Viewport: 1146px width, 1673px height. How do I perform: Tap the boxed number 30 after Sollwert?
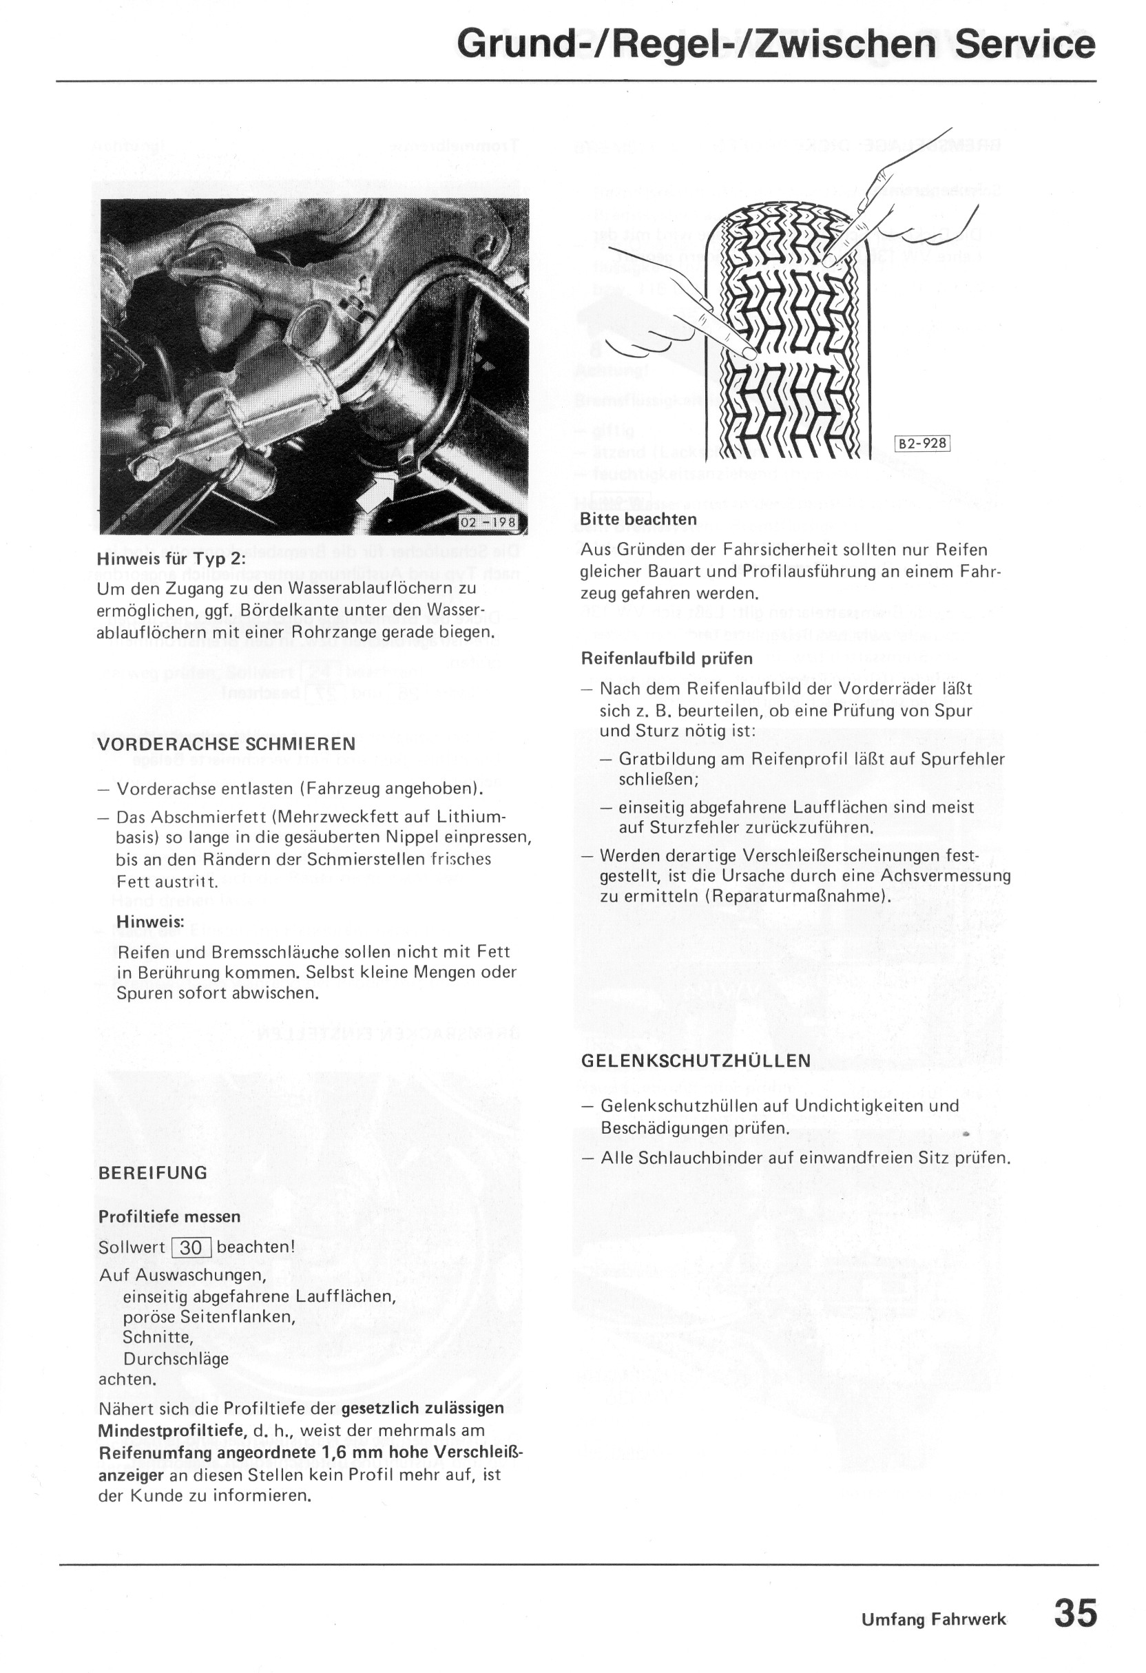pyautogui.click(x=191, y=1247)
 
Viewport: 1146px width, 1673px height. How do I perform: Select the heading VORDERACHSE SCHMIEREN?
pyautogui.click(x=227, y=744)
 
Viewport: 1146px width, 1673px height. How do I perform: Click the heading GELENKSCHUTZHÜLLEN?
pyautogui.click(x=696, y=1061)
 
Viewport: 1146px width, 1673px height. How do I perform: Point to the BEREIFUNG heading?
pyautogui.click(x=153, y=1172)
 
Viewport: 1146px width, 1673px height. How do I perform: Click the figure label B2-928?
pyautogui.click(x=922, y=443)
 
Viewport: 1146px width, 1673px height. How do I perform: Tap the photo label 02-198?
pyautogui.click(x=488, y=522)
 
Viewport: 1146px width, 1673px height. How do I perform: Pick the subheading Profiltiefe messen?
pyautogui.click(x=170, y=1216)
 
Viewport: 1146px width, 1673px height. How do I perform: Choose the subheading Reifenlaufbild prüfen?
pyautogui.click(x=667, y=658)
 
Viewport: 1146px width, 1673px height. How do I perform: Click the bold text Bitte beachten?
pyautogui.click(x=638, y=519)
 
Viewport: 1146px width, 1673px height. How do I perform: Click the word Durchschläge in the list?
pyautogui.click(x=176, y=1359)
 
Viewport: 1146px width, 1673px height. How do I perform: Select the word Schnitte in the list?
pyautogui.click(x=158, y=1337)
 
